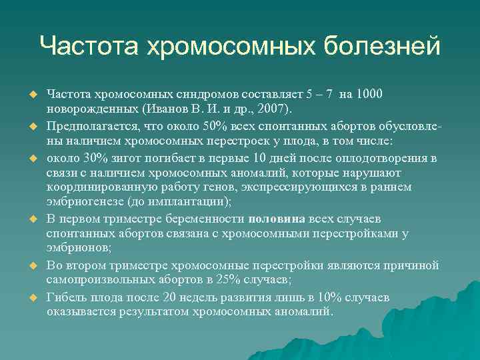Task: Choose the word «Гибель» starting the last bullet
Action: pos(66,297)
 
